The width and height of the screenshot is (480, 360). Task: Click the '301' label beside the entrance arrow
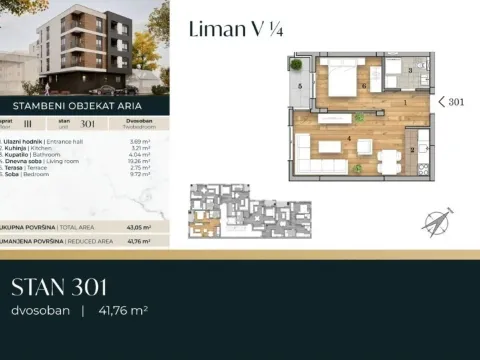click(x=456, y=102)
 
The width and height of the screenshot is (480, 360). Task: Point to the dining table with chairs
click(x=387, y=161)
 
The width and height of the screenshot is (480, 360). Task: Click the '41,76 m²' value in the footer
click(x=122, y=311)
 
